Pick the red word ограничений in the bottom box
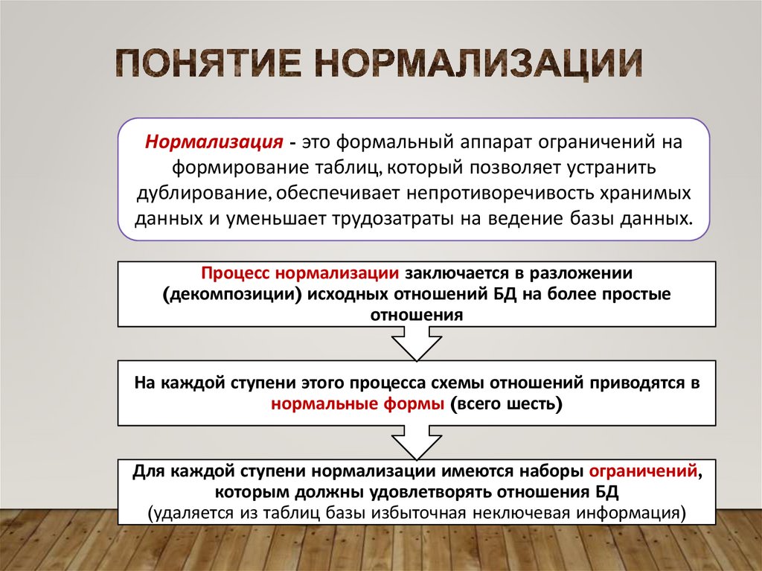click(643, 472)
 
